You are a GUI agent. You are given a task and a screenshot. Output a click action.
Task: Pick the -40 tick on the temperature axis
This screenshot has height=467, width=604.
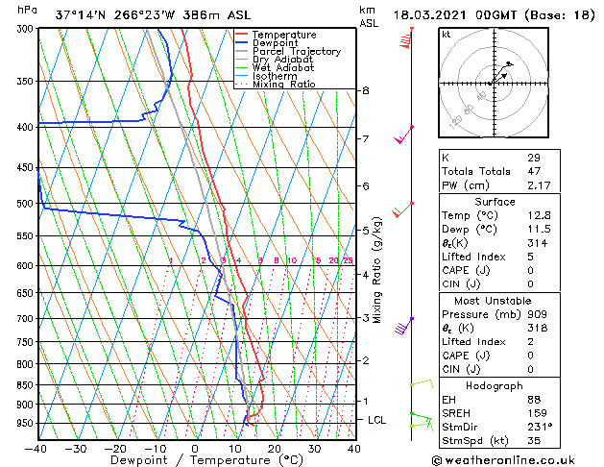(36, 449)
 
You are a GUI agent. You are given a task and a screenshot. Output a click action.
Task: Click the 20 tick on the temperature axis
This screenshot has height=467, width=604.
(275, 449)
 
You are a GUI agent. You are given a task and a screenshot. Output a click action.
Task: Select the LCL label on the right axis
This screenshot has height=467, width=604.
(377, 421)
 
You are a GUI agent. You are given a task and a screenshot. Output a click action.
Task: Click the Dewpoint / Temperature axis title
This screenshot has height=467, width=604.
(194, 460)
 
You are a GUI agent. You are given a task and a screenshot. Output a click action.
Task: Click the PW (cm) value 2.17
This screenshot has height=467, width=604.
(539, 184)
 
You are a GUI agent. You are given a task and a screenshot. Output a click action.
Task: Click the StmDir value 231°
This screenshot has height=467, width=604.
(539, 427)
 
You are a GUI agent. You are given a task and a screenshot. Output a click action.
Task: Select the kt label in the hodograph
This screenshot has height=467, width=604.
(446, 35)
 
